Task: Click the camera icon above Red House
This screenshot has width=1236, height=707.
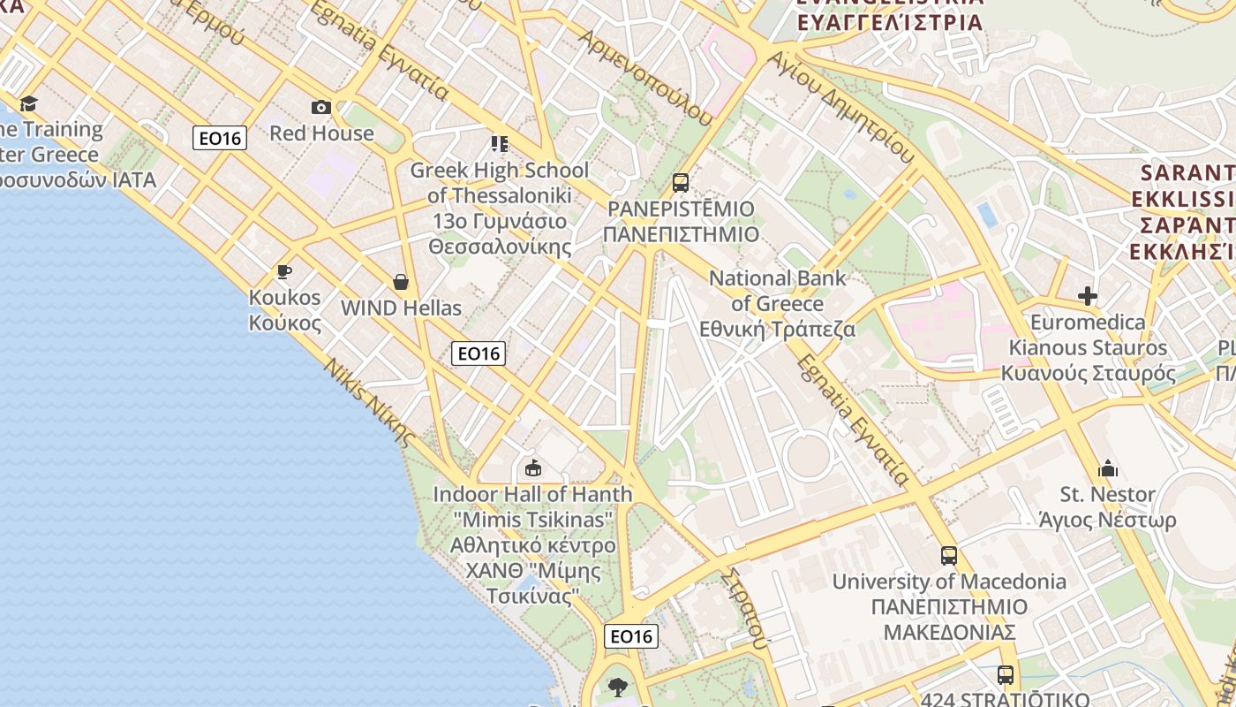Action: (321, 108)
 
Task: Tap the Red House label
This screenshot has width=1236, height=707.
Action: (321, 133)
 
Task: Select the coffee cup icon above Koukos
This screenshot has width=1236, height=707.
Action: (283, 271)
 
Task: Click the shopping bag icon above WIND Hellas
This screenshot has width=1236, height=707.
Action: (401, 282)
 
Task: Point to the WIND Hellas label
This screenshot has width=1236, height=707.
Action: (401, 308)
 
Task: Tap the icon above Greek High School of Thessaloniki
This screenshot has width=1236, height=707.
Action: (500, 143)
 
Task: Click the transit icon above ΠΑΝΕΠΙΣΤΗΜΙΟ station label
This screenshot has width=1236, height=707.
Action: (681, 183)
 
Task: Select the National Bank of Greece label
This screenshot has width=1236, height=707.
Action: (778, 304)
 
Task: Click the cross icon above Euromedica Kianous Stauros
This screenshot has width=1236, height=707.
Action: (1088, 296)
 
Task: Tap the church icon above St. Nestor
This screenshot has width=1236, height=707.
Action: (1108, 468)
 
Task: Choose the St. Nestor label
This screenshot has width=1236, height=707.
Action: (1108, 506)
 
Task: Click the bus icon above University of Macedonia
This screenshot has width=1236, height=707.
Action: (949, 556)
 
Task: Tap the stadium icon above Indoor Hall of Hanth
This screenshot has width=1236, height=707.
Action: (532, 468)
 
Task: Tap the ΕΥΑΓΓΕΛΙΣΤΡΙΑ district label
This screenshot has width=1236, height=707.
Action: (890, 21)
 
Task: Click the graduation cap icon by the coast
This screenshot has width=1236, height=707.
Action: (28, 103)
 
